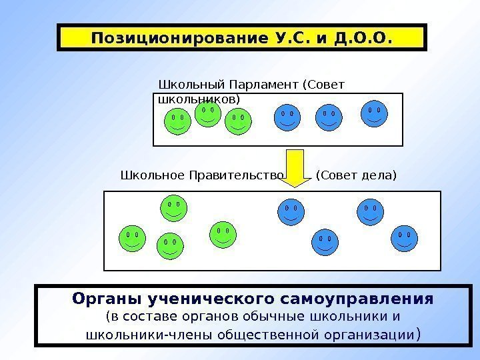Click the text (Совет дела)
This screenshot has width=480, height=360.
[x=356, y=176]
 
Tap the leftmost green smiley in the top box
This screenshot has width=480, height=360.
[x=177, y=121]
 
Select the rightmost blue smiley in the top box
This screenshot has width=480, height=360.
[x=374, y=113]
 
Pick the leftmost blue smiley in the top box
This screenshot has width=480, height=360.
[x=287, y=117]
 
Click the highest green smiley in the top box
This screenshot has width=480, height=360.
[x=208, y=113]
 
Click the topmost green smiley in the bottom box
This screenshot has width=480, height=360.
[x=173, y=207]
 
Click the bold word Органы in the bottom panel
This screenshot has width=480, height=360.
[x=105, y=297]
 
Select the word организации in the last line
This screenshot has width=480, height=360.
[x=377, y=333]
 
